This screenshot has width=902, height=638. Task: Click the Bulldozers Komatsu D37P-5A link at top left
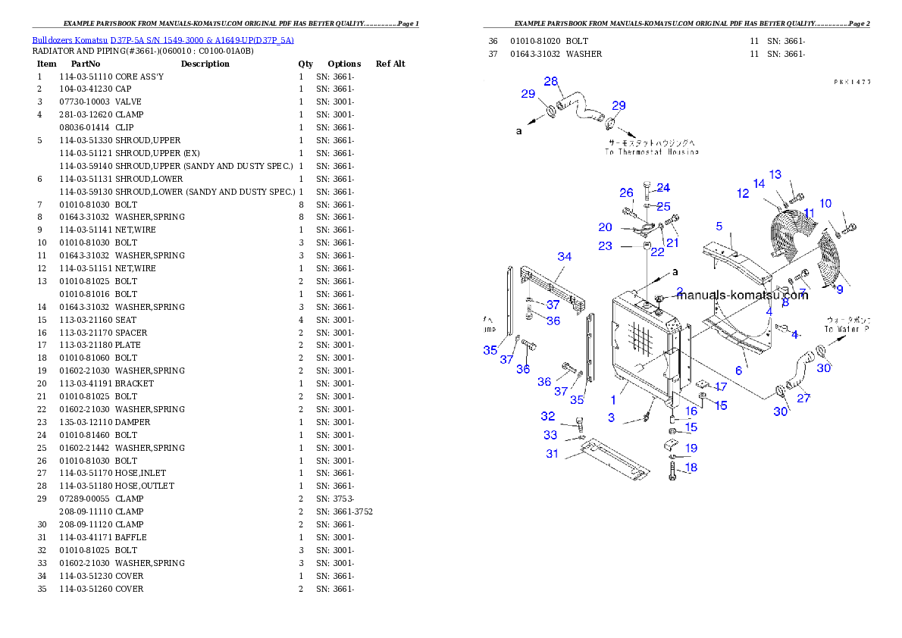tap(163, 39)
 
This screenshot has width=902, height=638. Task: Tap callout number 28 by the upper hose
tap(551, 82)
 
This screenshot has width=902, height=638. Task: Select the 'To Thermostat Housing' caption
tap(651, 152)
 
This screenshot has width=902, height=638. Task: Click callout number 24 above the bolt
tap(663, 188)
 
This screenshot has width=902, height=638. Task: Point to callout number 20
tap(605, 227)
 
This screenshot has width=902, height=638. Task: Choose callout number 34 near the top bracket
tap(565, 257)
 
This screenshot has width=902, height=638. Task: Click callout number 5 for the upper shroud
tap(719, 226)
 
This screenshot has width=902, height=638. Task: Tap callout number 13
tap(775, 175)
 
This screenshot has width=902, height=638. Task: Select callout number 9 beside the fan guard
tap(839, 289)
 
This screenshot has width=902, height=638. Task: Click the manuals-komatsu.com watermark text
tap(742, 296)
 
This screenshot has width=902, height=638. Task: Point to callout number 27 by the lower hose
tap(803, 398)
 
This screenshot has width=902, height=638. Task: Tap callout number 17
tap(720, 387)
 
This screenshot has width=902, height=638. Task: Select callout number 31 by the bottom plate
tap(552, 454)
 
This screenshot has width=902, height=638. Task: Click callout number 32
tap(548, 417)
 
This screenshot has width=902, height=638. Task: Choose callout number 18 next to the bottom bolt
tap(691, 468)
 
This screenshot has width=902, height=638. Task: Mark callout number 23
tap(605, 246)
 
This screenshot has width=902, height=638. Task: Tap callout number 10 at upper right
tap(825, 203)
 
